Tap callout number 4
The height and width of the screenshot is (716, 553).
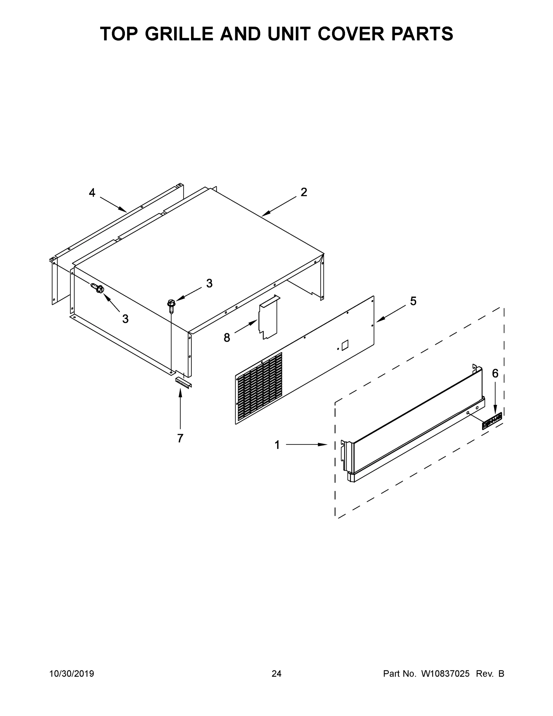92,193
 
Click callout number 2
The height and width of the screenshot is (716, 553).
304,192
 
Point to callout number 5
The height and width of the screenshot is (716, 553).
413,301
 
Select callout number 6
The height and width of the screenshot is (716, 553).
495,373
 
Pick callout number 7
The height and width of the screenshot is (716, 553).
180,438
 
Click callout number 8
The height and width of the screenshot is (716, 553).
227,337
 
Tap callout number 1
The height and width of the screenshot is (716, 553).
277,445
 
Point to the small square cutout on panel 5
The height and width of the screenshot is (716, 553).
345,345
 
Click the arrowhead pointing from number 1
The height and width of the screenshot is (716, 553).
323,445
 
